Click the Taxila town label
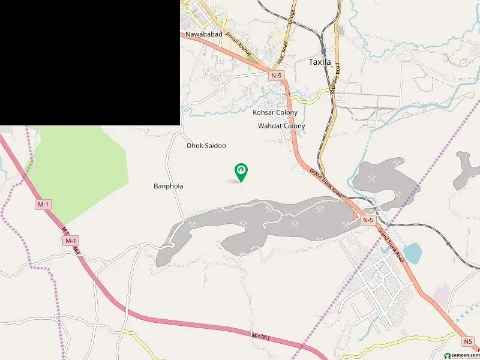coord(324,62)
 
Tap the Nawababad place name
coord(204,35)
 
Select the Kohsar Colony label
coord(275,112)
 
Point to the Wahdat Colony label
coord(281,126)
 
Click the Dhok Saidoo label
coord(206,146)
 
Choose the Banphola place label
coord(169,187)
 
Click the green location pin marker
coord(241,172)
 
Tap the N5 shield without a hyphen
coord(467,341)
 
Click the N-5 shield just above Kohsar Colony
coord(276,76)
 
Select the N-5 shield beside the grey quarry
coord(367,220)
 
